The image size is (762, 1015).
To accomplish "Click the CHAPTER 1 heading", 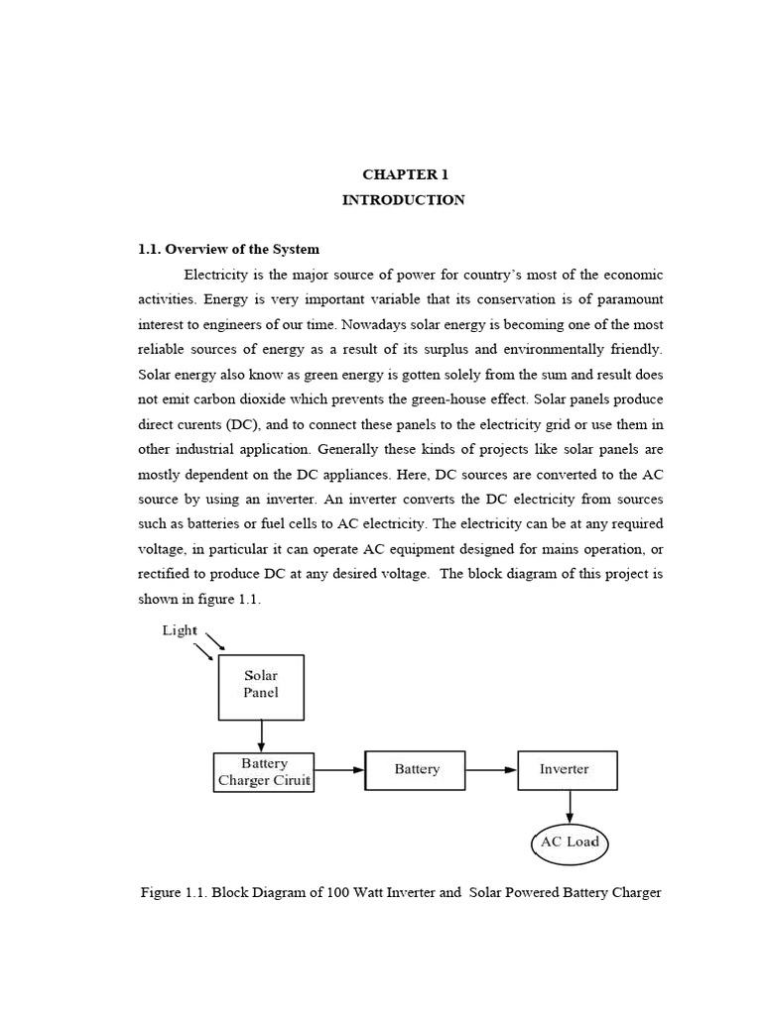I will coord(403,173).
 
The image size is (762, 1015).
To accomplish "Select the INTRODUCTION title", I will coord(403,199).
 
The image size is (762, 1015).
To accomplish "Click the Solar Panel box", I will coord(261,686).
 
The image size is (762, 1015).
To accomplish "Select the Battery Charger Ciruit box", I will coord(264,771).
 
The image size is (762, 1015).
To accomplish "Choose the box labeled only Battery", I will coord(416,769).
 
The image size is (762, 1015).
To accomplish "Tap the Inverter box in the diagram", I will coord(567,769).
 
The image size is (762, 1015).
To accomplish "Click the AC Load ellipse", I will coord(569,843).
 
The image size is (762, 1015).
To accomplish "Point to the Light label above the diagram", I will coord(180,630).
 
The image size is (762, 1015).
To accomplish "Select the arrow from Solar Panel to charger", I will coord(261,735).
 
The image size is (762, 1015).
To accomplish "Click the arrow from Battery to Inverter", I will coord(491,769).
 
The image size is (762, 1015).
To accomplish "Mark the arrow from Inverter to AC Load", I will coord(569,805).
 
